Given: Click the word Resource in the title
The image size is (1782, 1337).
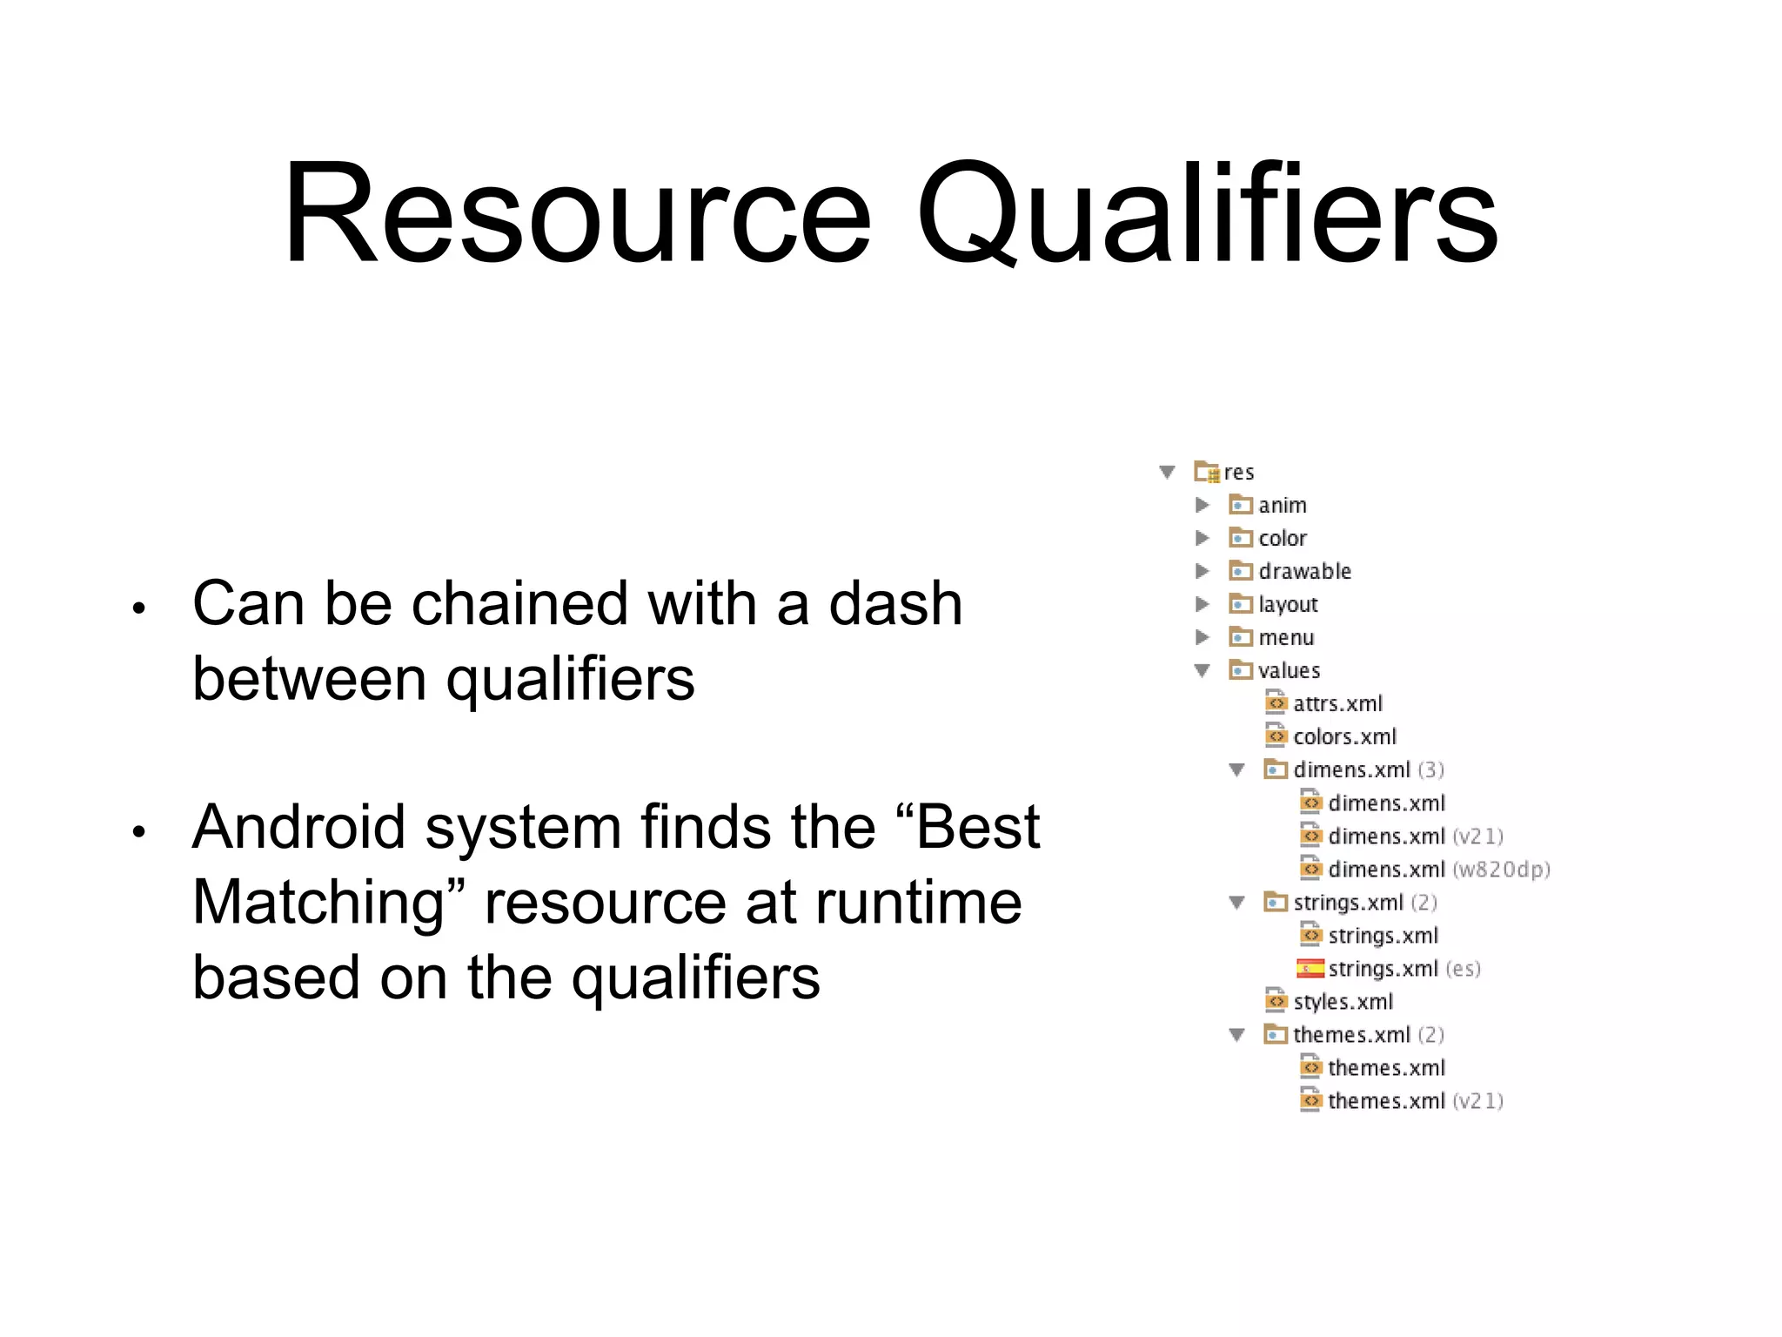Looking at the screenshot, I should coord(577,213).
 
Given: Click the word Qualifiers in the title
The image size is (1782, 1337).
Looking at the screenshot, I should coord(1207,213).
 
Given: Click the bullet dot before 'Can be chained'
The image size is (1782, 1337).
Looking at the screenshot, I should coord(138,608).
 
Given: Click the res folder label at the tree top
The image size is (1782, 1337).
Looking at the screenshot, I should coord(1238,472).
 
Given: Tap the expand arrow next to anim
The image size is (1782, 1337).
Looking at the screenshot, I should coord(1203,505).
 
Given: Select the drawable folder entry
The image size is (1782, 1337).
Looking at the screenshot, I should coord(1303,571).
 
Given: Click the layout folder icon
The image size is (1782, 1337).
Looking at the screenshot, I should coord(1240,604).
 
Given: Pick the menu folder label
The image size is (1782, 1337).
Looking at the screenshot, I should coord(1286,637).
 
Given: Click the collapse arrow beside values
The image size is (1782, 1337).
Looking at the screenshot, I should coord(1203,670).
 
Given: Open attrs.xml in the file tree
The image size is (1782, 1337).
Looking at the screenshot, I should coord(1336,703).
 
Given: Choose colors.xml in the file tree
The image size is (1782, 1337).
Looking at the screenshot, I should coord(1343,736).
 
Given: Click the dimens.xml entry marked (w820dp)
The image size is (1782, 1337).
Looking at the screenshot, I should coord(1437,869).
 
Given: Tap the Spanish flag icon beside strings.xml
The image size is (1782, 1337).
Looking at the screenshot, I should coord(1310,968).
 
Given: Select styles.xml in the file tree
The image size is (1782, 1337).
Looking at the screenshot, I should coord(1343,1001).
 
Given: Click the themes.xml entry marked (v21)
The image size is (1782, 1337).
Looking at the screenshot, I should coord(1414,1100).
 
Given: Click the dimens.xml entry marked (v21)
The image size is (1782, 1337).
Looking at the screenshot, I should coord(1414,836).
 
